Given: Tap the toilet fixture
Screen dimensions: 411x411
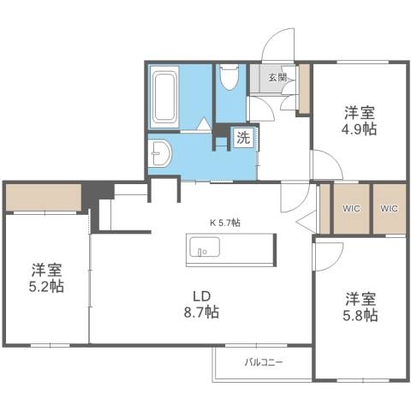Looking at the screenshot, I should (228, 80).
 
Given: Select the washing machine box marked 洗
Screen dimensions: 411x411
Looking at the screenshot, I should (244, 137).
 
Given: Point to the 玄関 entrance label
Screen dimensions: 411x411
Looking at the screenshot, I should (278, 78).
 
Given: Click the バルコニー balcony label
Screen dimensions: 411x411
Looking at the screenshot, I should (263, 362).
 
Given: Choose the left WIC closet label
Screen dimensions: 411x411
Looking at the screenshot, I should (351, 208).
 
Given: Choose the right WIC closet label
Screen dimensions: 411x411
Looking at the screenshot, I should (389, 208).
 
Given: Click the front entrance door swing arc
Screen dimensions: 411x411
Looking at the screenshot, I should (278, 45).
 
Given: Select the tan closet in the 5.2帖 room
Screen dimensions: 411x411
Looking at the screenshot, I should (43, 198).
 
